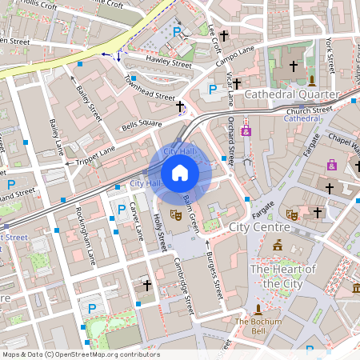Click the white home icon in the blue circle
180,172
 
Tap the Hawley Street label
169,62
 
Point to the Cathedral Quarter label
291,94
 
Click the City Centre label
259,227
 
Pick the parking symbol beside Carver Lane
122,209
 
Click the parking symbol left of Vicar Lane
213,90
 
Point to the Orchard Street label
232,141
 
